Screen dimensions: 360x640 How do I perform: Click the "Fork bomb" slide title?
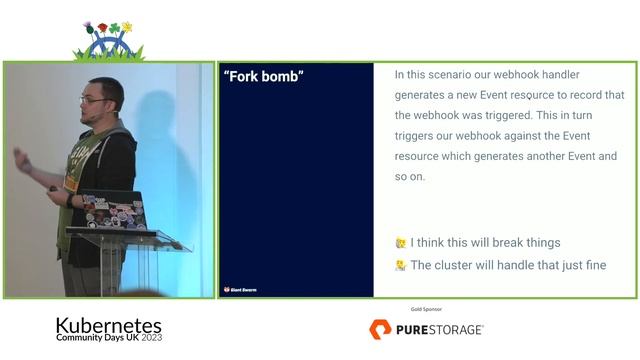[264, 77]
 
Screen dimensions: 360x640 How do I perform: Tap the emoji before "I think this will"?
[401, 243]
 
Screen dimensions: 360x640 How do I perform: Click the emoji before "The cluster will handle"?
[401, 266]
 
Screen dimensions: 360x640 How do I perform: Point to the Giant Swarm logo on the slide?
[240, 290]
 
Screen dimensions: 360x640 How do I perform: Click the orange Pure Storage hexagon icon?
[379, 329]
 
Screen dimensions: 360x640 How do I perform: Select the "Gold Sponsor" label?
[427, 310]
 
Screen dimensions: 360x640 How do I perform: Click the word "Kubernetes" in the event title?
[108, 325]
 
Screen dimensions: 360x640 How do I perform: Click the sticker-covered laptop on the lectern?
[114, 211]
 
